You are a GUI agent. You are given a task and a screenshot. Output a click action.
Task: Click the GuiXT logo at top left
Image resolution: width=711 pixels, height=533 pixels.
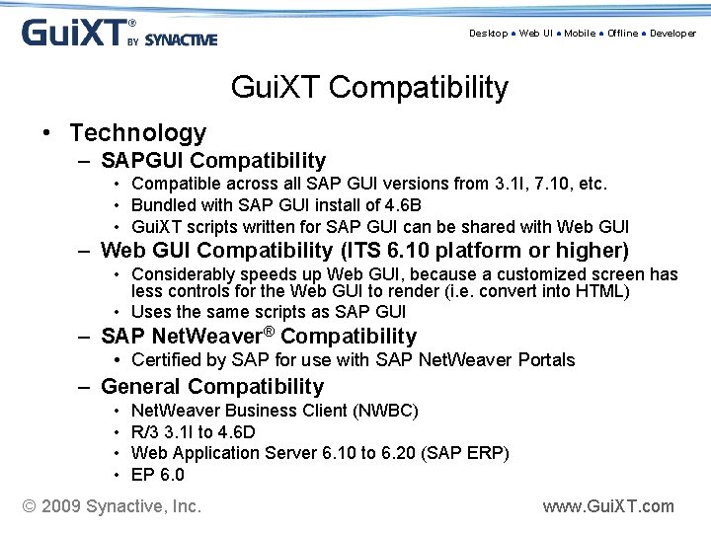pos(118,33)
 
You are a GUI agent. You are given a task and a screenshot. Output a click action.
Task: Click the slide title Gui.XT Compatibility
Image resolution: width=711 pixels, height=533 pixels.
pos(369,87)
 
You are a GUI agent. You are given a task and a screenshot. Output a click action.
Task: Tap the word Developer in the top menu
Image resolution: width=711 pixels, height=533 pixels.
pos(672,34)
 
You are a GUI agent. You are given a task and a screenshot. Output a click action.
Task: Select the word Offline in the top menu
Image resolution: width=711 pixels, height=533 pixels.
pos(622,34)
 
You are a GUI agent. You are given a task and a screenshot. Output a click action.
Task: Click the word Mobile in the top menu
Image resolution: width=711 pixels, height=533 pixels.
pos(580,34)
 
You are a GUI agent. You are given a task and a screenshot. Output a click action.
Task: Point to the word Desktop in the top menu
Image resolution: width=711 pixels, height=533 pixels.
pos(488,34)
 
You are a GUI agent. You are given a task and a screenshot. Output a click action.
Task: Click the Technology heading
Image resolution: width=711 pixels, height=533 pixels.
pos(137,132)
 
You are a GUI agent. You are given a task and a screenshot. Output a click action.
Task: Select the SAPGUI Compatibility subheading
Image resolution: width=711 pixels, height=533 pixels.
pos(213,160)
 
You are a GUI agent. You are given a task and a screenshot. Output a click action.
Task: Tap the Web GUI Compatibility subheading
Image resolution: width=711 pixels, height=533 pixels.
pos(364,251)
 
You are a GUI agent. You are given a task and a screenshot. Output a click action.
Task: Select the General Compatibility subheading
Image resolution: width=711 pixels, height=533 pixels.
pos(211,386)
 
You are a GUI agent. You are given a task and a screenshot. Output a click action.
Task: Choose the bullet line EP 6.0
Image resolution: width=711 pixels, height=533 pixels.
pos(158,475)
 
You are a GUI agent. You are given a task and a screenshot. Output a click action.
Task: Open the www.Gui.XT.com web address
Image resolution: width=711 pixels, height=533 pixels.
pos(608,506)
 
